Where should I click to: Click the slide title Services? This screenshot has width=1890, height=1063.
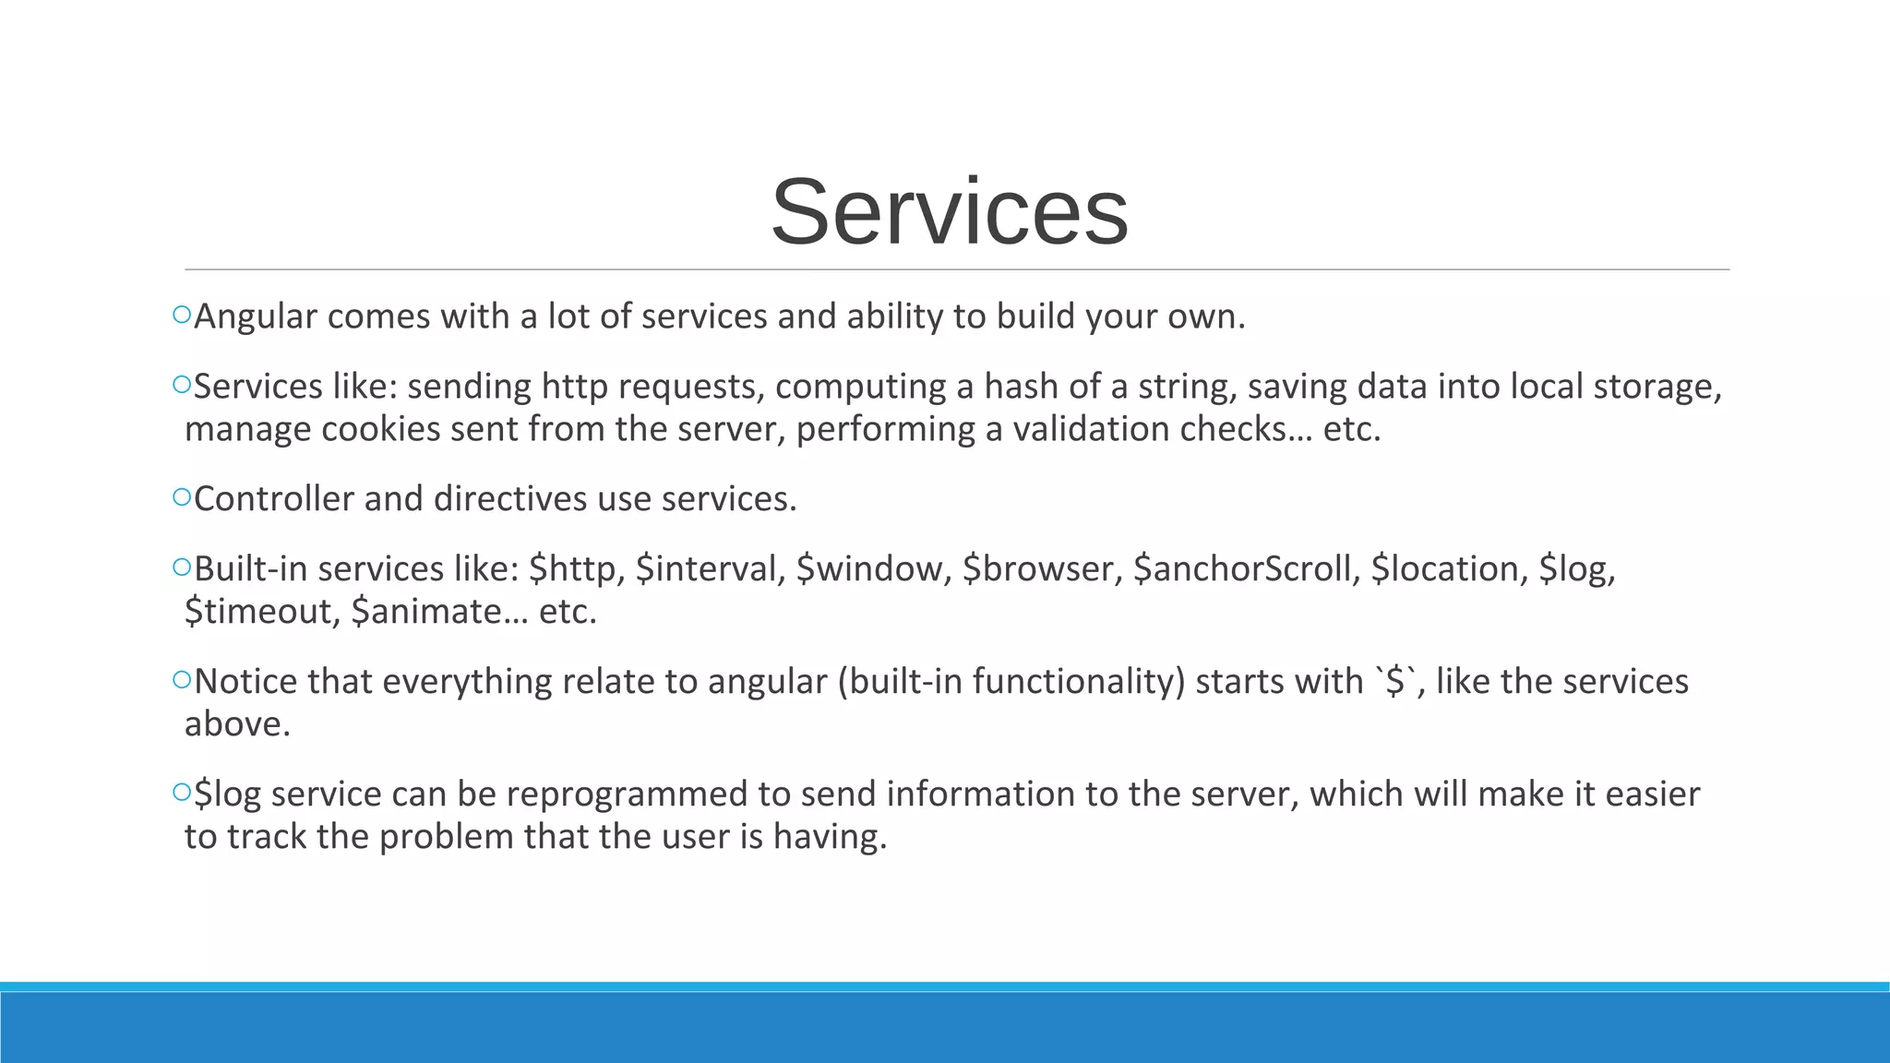[x=950, y=212]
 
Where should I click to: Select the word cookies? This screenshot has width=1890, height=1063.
[x=380, y=429]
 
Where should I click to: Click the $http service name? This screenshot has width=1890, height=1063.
[x=577, y=568]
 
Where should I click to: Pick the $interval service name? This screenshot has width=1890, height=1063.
[x=711, y=568]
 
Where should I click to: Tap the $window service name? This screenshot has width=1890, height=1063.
[x=873, y=568]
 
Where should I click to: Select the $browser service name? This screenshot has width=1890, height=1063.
[x=1042, y=568]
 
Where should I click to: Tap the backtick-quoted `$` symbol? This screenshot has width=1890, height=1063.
[x=1395, y=681]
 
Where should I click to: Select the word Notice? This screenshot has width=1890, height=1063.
[x=245, y=681]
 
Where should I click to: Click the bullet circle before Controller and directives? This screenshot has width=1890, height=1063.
[x=181, y=497]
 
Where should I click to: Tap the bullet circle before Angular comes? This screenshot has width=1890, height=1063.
[x=181, y=315]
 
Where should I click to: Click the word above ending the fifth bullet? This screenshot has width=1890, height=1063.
[x=237, y=723]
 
